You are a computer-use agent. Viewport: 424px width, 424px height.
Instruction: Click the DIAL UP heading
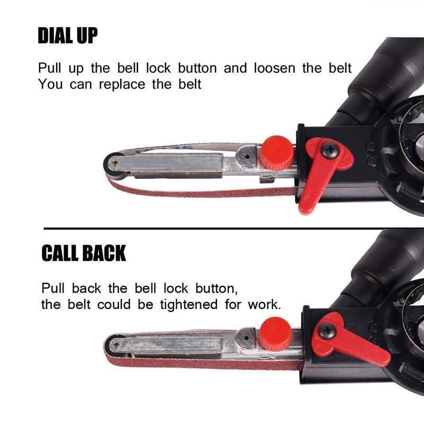(x=68, y=36)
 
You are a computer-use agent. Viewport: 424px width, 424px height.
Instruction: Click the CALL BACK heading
(x=84, y=253)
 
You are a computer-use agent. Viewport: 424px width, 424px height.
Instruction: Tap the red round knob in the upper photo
(x=277, y=153)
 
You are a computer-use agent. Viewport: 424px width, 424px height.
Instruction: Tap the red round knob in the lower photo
(x=275, y=334)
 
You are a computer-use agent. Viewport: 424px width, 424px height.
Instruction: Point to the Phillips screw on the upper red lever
(x=330, y=149)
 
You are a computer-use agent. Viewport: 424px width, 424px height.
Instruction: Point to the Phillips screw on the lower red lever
(x=327, y=331)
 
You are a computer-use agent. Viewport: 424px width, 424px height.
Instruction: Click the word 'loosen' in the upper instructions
(x=275, y=68)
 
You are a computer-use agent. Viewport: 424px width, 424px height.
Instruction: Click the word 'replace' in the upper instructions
(x=122, y=85)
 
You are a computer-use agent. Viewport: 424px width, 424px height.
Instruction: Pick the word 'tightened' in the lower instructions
(x=189, y=305)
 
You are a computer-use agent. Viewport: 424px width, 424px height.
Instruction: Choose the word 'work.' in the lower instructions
(x=264, y=305)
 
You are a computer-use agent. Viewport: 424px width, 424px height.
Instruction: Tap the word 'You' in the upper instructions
(x=50, y=84)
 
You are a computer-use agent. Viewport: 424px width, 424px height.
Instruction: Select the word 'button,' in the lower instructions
(x=216, y=289)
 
